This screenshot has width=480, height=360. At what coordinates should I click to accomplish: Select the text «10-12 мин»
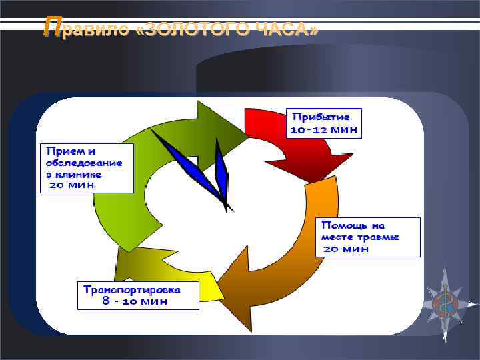(324, 129)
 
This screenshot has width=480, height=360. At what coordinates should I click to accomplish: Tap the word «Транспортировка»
(140, 289)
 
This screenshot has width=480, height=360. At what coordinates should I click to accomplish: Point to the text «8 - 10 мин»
(135, 301)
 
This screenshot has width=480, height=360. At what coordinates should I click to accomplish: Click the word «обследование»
(84, 162)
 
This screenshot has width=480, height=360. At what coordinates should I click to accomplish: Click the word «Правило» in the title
(83, 29)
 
